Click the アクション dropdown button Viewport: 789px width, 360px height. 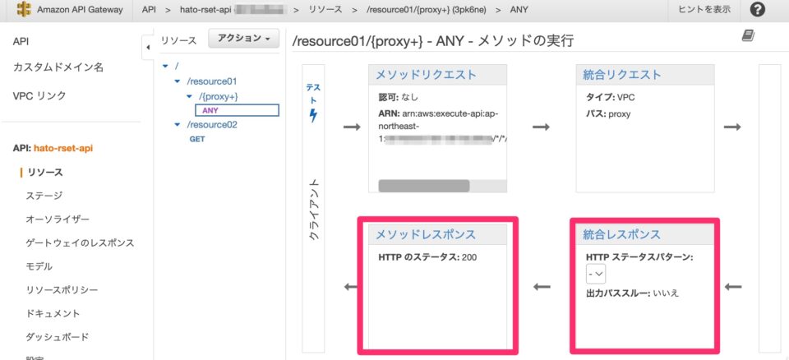point(243,39)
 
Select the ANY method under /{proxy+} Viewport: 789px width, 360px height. point(210,110)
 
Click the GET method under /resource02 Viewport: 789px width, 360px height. point(197,139)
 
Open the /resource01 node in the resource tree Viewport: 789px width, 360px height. point(211,81)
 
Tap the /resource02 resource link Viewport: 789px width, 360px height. point(211,125)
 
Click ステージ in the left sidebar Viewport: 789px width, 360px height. point(44,196)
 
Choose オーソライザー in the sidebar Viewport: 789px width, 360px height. point(58,219)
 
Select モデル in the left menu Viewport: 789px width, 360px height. point(39,266)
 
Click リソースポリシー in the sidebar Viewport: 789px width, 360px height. point(62,290)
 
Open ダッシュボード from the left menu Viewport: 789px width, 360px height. point(57,337)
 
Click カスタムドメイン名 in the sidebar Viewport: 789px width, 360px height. point(58,67)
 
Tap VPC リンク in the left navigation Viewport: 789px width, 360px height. point(39,95)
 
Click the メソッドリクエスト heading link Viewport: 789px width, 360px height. point(426,75)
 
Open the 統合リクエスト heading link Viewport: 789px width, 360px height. point(621,75)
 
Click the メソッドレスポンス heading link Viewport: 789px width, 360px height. point(426,234)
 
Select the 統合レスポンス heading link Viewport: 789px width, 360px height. point(621,234)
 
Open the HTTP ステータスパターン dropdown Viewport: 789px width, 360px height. point(596,275)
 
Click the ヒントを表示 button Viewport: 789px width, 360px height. point(704,10)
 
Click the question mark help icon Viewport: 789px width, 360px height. point(758,10)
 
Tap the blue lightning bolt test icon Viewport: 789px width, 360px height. point(313,116)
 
